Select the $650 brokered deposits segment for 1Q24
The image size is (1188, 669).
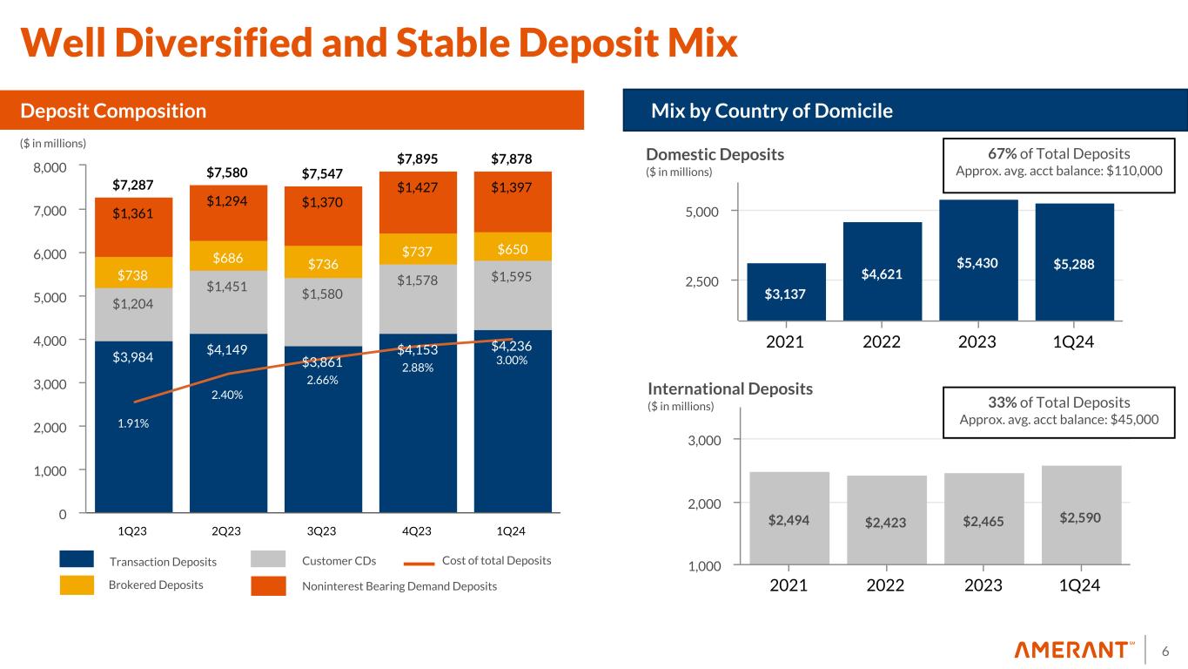pos(512,249)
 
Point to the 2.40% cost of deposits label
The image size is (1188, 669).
pos(226,395)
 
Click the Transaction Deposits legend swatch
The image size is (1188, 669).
pos(77,559)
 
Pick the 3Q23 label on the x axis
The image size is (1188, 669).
pos(322,530)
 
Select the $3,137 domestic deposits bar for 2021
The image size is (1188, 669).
pos(786,293)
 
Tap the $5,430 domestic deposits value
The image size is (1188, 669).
pos(979,261)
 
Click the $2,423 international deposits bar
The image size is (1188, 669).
pos(886,522)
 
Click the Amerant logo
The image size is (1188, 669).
pos(1074,650)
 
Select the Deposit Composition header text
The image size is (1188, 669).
pos(113,111)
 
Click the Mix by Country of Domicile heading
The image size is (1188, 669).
pos(772,111)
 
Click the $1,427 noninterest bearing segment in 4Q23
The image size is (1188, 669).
pos(417,186)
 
